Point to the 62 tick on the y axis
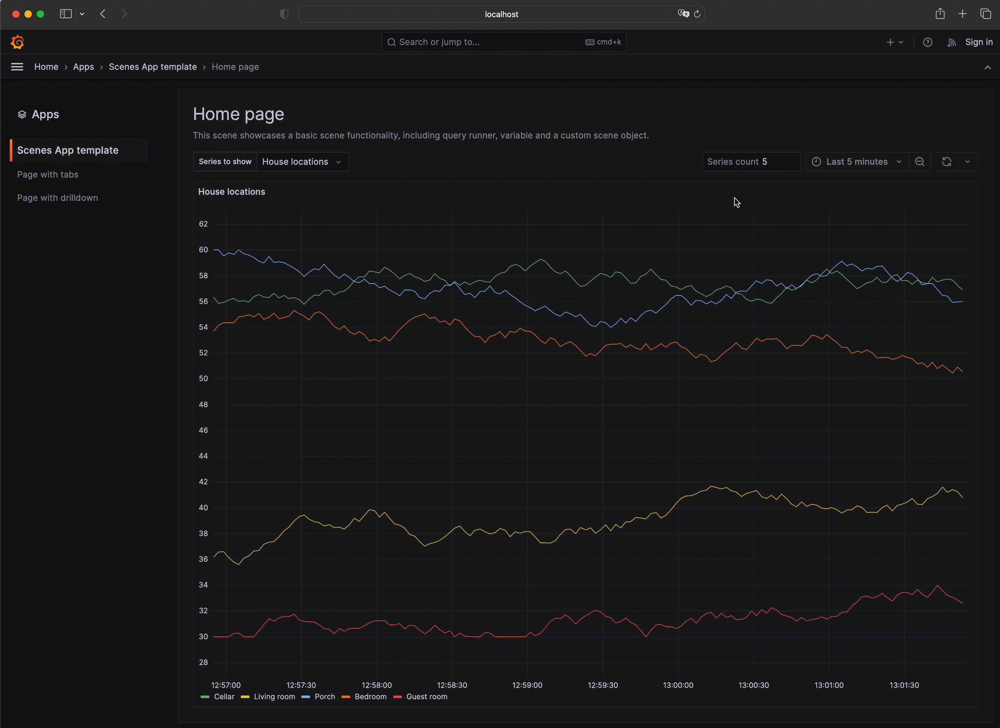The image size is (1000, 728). click(x=203, y=224)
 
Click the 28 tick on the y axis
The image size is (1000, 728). click(x=203, y=662)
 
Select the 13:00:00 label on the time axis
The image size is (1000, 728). click(x=678, y=685)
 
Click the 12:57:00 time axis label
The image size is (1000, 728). click(x=226, y=685)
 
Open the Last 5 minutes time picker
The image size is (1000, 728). click(x=856, y=161)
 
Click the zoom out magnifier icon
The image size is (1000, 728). click(x=919, y=161)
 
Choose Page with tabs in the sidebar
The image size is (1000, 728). click(x=48, y=174)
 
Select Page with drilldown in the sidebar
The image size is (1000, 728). click(x=57, y=198)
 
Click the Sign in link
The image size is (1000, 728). click(x=979, y=42)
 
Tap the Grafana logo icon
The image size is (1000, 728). click(x=17, y=42)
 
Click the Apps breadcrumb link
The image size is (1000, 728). click(x=83, y=67)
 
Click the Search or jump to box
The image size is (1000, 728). click(x=485, y=42)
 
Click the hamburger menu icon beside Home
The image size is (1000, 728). click(x=17, y=67)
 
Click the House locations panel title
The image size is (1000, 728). click(x=232, y=191)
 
